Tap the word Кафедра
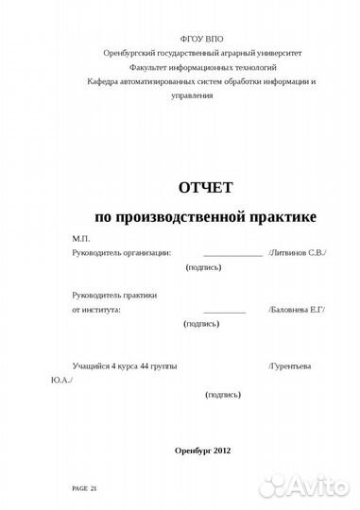[98, 83]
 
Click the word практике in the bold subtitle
[277, 217]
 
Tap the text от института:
[96, 309]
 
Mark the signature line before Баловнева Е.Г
[224, 311]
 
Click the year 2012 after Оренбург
[221, 449]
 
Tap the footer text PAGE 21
[85, 488]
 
